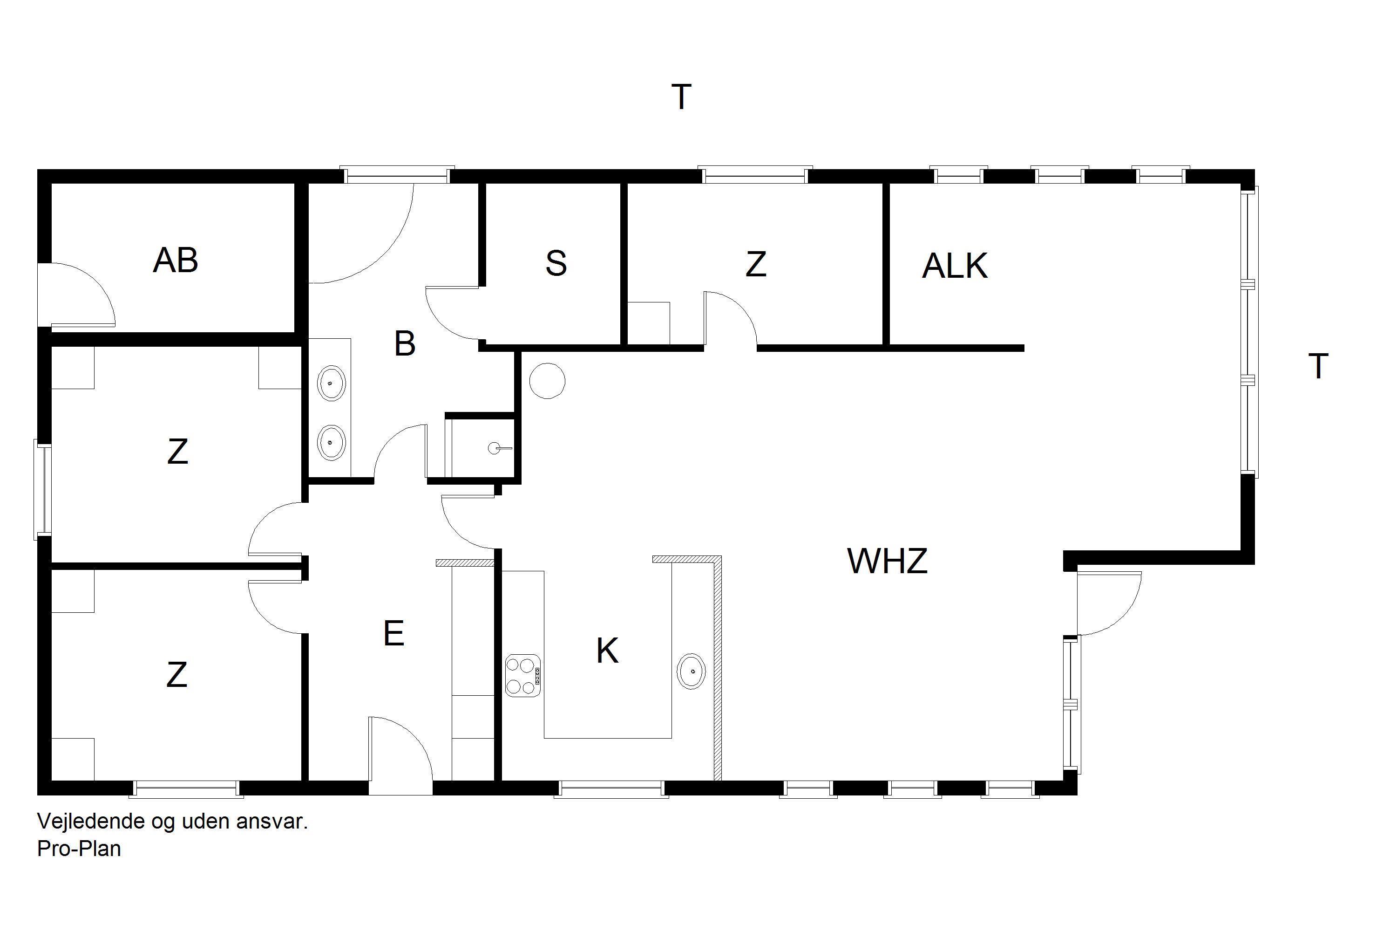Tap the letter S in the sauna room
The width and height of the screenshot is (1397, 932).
pos(556,264)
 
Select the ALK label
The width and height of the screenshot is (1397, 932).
pos(955,266)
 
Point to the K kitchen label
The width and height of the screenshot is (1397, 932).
pos(607,651)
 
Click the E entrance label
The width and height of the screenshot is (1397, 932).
pos(394,634)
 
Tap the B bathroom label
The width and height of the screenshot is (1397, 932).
pos(405,343)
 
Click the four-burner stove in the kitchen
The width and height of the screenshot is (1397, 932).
pos(522,675)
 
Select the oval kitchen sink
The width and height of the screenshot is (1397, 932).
pos(692,671)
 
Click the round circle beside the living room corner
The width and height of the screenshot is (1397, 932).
pos(547,381)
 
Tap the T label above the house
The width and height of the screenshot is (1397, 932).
pos(681,97)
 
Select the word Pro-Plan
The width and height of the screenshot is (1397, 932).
pos(79,849)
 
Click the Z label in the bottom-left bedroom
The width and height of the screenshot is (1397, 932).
pos(177,675)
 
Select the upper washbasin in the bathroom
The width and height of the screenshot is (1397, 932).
pos(332,384)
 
